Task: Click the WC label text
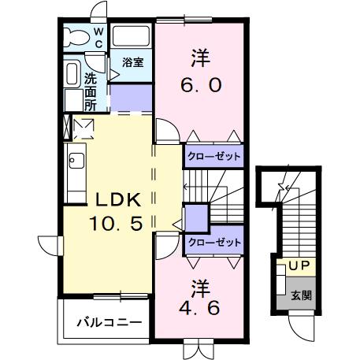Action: (x=98, y=36)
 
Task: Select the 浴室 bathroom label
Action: (x=131, y=62)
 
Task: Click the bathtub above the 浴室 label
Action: (x=131, y=35)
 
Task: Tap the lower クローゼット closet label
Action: (x=213, y=243)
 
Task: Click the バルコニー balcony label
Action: (x=109, y=322)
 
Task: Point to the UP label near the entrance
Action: (x=299, y=267)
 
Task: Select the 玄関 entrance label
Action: (x=300, y=295)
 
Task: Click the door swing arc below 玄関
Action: (x=302, y=324)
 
